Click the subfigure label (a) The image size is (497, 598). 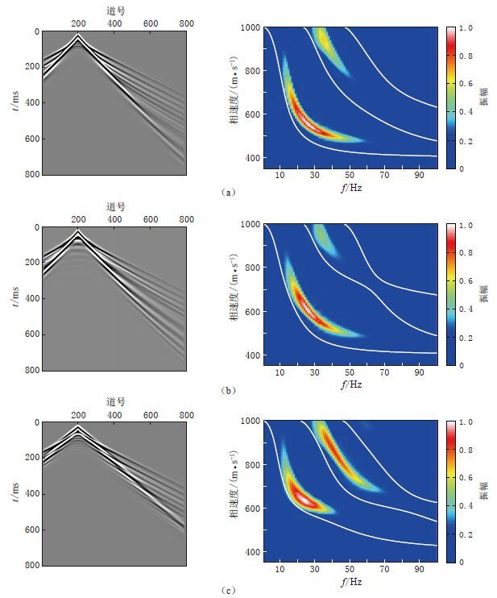(228, 193)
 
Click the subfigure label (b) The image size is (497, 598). (228, 389)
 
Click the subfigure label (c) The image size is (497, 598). (228, 590)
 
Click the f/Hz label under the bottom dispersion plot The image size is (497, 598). (351, 581)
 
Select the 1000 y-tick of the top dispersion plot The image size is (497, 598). (250, 27)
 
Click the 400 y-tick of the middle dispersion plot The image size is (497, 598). (252, 355)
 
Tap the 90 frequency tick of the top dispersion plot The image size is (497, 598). (419, 176)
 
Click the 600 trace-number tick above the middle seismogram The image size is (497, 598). (151, 218)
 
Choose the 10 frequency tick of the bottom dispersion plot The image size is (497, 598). (281, 570)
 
